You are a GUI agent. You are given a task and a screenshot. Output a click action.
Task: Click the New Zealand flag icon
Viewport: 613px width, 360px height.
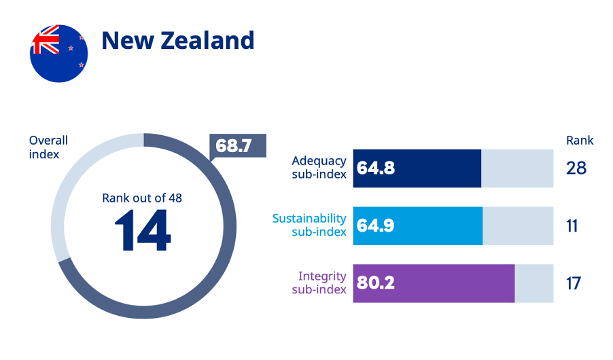[59, 52]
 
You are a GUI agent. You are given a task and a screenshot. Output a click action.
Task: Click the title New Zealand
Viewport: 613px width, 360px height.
[178, 40]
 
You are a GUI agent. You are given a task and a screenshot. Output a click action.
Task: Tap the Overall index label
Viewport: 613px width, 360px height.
[48, 147]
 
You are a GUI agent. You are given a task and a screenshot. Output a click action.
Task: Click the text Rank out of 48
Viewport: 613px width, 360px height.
[142, 198]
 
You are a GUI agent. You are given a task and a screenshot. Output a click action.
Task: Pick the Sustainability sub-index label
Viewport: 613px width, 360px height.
[309, 225]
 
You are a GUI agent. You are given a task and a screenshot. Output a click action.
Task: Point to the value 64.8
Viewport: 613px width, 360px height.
[376, 168]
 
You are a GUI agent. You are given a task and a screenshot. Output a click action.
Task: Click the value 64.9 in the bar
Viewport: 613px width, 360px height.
[376, 226]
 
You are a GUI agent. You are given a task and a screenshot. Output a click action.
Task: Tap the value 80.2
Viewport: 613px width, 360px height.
[376, 283]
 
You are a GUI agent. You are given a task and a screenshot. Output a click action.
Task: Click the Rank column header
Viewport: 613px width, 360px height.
[580, 141]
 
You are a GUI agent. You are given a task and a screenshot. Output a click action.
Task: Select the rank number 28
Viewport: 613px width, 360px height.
[576, 168]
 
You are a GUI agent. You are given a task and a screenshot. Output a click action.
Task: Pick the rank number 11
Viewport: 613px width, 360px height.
[572, 226]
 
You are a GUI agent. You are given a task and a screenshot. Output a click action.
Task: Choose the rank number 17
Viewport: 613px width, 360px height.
[574, 283]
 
